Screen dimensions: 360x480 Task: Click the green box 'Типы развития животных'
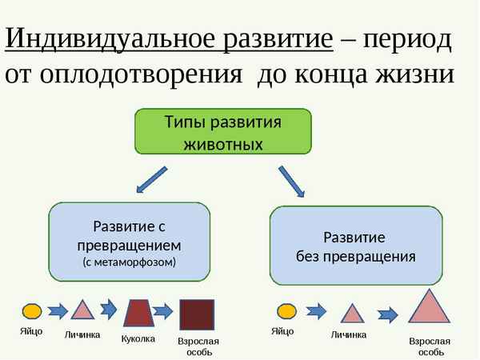point(222,132)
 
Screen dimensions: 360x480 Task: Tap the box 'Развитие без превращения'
point(354,246)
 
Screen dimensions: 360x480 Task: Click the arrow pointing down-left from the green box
point(151,181)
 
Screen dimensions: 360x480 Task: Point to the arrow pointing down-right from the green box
point(291,181)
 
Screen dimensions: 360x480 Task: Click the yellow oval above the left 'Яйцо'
point(32,310)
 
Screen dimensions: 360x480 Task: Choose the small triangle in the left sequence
point(82,310)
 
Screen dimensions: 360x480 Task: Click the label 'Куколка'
point(138,339)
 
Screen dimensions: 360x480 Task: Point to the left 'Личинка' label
point(82,334)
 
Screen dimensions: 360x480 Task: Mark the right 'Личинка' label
point(349,334)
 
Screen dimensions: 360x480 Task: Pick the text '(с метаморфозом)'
point(130,262)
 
